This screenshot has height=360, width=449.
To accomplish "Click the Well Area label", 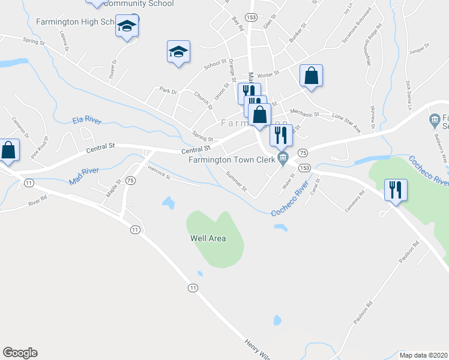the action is click(208, 238).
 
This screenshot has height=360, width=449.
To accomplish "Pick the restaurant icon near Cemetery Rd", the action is click(396, 190).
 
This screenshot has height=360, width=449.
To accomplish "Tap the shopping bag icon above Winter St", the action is click(311, 76).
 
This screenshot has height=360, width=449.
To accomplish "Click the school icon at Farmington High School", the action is click(127, 26).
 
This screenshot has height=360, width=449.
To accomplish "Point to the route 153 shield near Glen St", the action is click(252, 17).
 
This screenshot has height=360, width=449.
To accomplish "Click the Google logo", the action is click(20, 353).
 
